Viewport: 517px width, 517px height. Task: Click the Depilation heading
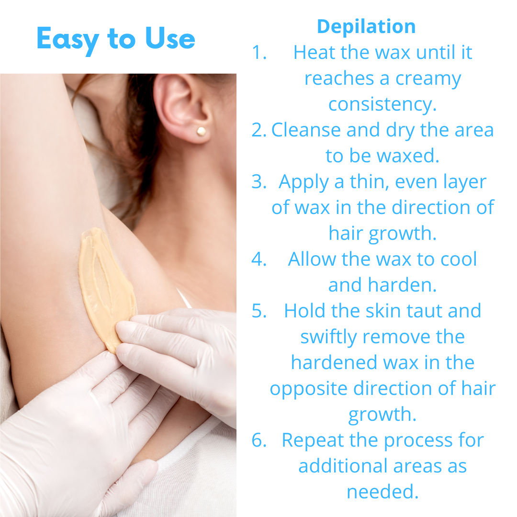click(x=366, y=26)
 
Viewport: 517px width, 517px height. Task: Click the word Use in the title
click(x=170, y=39)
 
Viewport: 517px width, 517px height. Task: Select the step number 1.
click(x=259, y=53)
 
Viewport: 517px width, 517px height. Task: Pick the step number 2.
click(x=259, y=130)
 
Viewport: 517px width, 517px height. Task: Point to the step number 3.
click(x=259, y=182)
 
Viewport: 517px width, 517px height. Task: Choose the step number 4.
click(x=259, y=259)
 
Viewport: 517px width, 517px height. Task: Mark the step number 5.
click(x=259, y=311)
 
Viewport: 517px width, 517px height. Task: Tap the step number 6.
click(x=259, y=440)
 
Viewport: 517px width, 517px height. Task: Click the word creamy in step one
click(x=428, y=80)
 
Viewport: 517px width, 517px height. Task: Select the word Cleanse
click(x=305, y=130)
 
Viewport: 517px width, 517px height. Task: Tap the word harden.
click(x=402, y=285)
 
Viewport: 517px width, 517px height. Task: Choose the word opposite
click(x=309, y=389)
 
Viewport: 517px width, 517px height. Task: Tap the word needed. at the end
click(x=382, y=492)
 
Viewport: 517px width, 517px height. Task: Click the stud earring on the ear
click(x=201, y=132)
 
